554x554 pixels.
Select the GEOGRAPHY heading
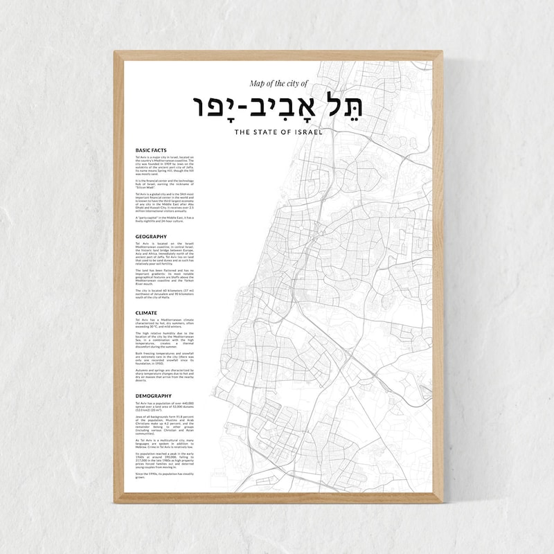(x=152, y=236)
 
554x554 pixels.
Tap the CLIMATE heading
(x=147, y=313)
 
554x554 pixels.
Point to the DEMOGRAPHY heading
(x=154, y=395)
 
